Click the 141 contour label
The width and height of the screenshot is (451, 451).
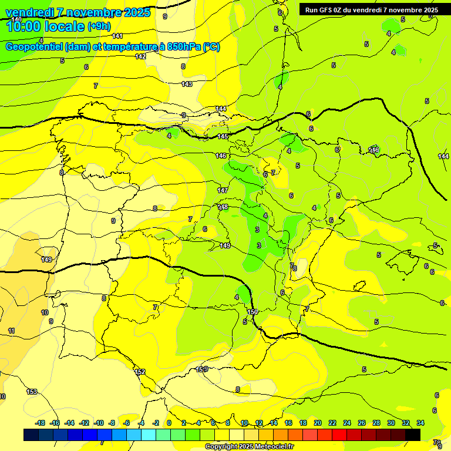pos(117,36)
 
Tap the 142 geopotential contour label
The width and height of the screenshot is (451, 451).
pos(140,56)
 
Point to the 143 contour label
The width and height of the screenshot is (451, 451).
pos(187,84)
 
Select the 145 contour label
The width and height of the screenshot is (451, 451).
pos(223,136)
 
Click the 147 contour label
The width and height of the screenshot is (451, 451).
pos(223,190)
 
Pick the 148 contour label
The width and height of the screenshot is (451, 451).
pos(223,207)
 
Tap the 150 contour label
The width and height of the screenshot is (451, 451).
pos(253,312)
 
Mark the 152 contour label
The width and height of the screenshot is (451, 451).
pos(140,372)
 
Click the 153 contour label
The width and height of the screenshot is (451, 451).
pos(32,392)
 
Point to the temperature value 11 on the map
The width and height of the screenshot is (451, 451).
pos(12,331)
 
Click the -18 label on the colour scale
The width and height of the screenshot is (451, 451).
pos(41,423)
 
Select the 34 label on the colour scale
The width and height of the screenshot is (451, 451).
pos(420,423)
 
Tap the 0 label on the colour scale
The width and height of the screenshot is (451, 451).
pos(169,423)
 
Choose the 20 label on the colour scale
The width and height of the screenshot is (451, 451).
pos(318,423)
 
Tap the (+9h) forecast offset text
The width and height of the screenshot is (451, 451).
pos(103,26)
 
